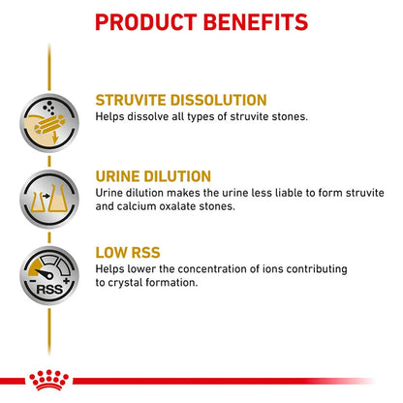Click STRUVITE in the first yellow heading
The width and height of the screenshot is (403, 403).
tap(132, 100)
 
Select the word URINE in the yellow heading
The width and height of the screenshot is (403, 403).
tap(120, 176)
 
